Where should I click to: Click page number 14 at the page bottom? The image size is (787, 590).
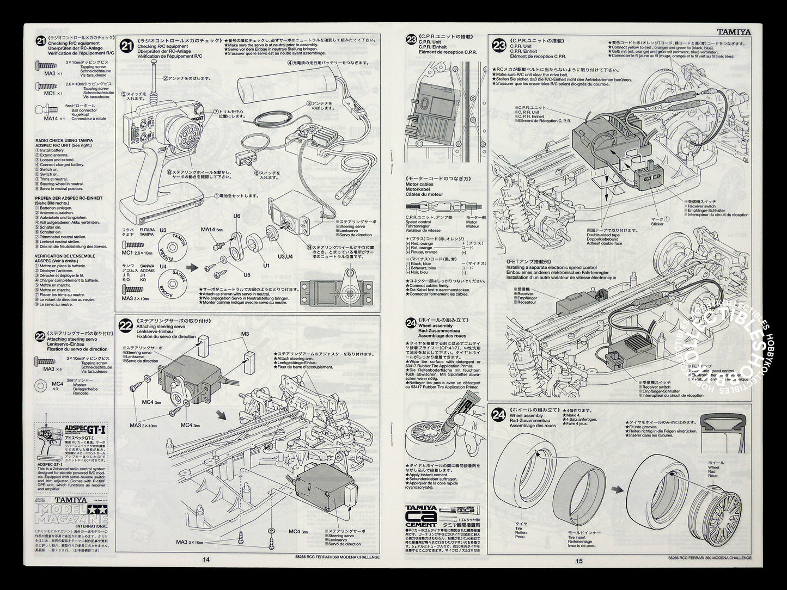pos(205,558)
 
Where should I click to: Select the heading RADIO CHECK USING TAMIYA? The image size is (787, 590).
pos(64,140)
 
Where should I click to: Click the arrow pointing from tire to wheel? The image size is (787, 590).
pos(616,489)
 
